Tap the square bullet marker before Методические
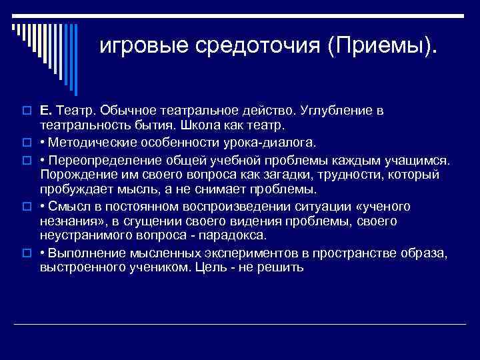tap(29, 142)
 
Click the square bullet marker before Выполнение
tap(29, 253)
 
